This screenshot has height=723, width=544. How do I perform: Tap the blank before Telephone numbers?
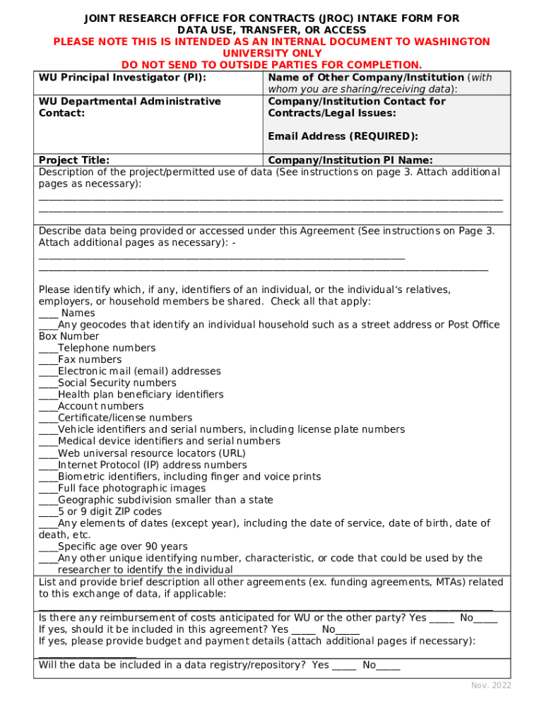48,349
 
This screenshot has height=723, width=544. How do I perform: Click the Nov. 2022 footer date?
491,686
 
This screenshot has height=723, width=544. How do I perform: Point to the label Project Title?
73,160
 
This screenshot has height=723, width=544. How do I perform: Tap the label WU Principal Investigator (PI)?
126,78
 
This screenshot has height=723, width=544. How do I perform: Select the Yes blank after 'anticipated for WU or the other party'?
442,619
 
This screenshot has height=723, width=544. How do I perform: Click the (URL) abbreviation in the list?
232,453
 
